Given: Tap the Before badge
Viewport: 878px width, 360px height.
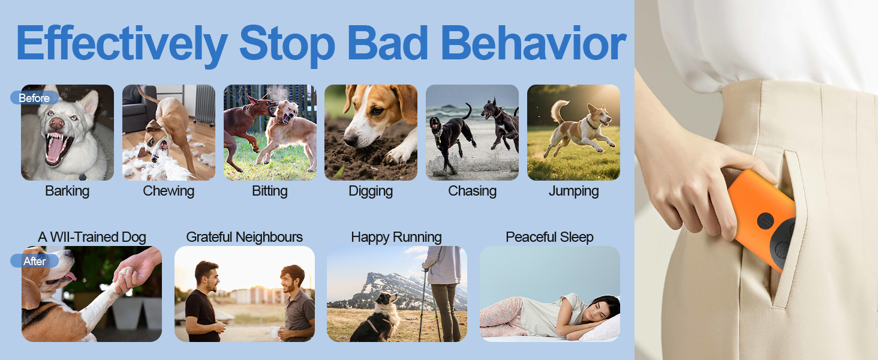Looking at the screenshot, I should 34,98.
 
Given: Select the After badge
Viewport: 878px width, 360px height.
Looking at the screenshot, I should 34,261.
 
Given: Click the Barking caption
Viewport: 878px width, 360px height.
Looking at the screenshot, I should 67,191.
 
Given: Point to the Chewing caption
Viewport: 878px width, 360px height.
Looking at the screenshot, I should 169,191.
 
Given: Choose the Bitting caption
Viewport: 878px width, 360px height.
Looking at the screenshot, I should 270,191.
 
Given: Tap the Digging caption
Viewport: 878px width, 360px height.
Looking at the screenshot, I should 371,191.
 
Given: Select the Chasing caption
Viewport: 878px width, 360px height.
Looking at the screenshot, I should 472,191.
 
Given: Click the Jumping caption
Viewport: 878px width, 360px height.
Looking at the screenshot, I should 573,191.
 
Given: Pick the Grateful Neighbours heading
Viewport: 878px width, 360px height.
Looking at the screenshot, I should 244,237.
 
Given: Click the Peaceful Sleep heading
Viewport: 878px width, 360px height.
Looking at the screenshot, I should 549,237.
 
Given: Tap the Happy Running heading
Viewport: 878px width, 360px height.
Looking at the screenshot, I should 396,237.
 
